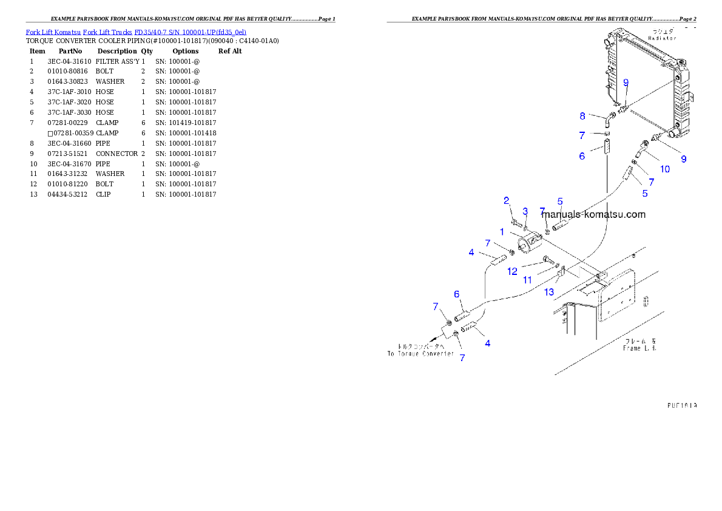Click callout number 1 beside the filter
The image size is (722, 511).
[x=502, y=232]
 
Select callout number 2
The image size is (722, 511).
[x=506, y=200]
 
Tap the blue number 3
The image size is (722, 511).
[x=525, y=211]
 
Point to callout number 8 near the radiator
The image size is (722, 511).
[x=582, y=115]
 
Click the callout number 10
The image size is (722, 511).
[x=665, y=169]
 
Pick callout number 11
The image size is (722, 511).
[x=528, y=280]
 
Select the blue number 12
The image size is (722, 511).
[x=513, y=271]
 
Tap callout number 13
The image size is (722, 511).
[x=549, y=292]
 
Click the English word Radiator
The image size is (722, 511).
[x=662, y=38]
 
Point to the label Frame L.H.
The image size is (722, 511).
[x=640, y=348]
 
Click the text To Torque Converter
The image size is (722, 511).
[x=420, y=353]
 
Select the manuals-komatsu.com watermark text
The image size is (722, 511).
[x=593, y=214]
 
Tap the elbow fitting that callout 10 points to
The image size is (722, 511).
[x=640, y=147]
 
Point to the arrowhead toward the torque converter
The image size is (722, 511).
[x=433, y=340]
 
